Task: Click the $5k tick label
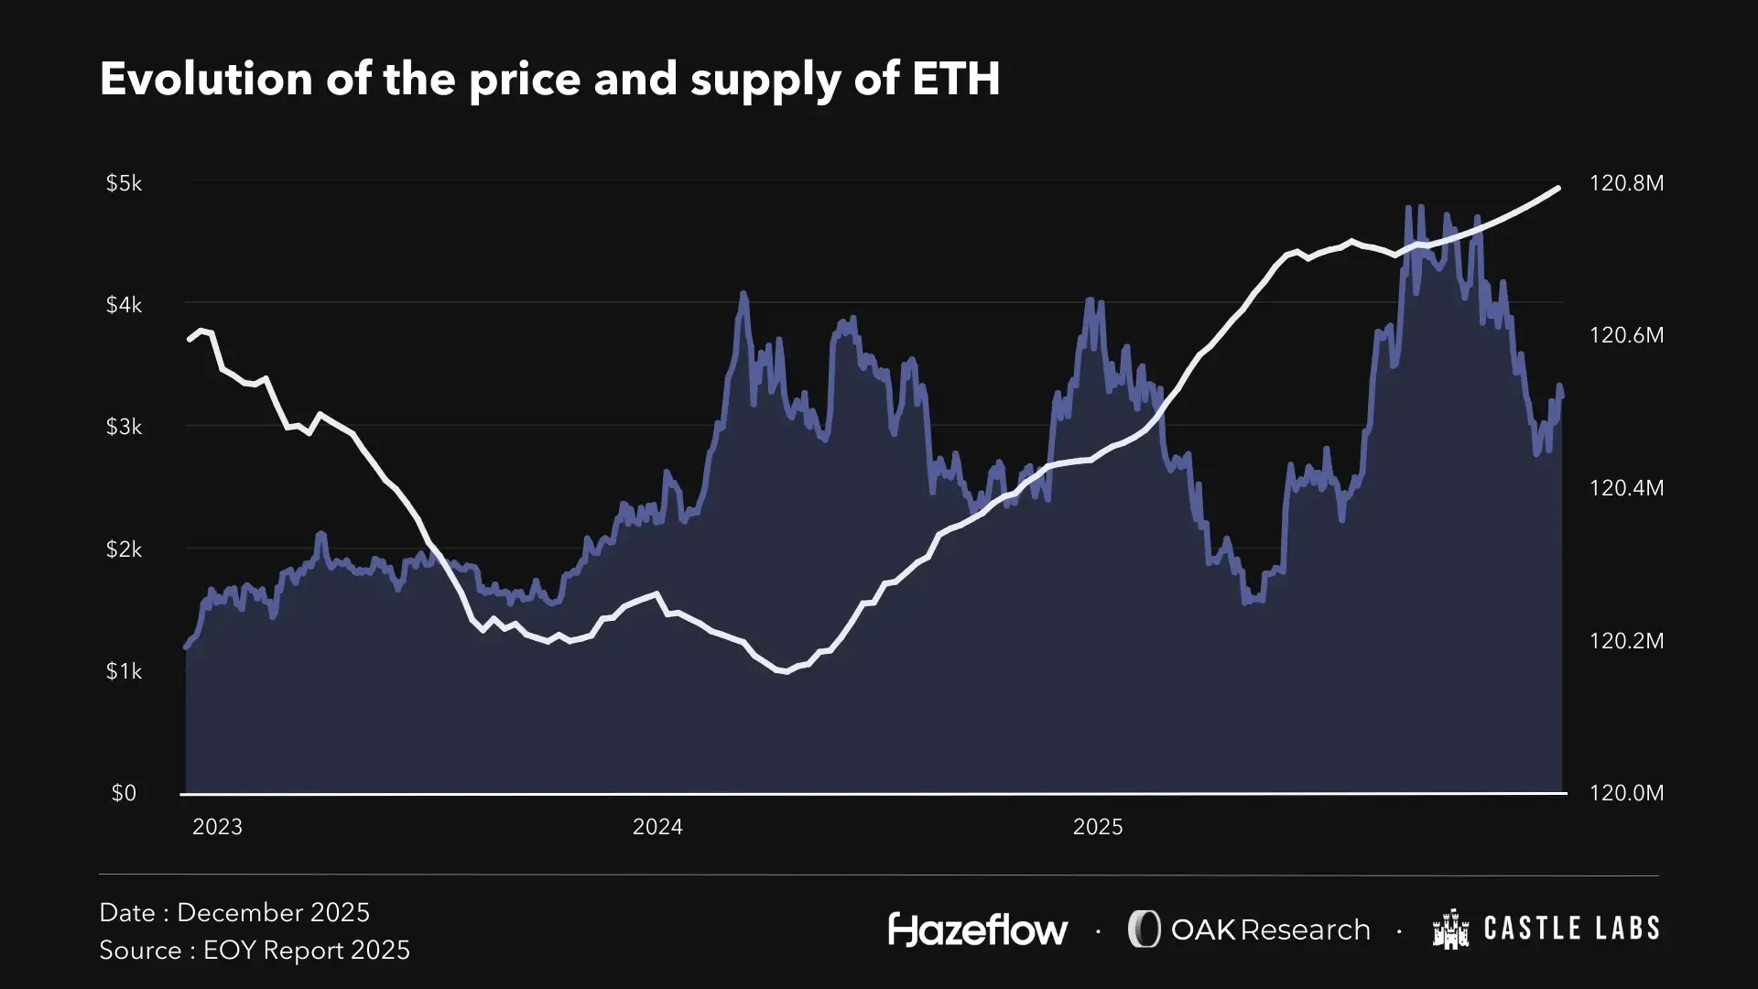tap(125, 183)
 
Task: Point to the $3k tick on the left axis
tap(125, 427)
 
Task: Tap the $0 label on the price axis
tap(124, 793)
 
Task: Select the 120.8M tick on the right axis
tap(1626, 183)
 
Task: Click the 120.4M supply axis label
tap(1626, 488)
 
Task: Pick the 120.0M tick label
tap(1626, 793)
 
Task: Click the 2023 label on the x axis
tap(217, 827)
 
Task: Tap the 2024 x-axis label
tap(657, 827)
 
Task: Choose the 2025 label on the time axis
tap(1097, 827)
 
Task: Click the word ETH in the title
tap(956, 79)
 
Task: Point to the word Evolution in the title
tap(206, 79)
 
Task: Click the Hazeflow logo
tap(977, 929)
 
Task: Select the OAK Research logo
tap(1249, 929)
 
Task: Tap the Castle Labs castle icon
tap(1450, 929)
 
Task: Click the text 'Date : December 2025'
tap(234, 913)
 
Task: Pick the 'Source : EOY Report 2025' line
tap(255, 951)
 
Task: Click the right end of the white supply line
tap(1558, 188)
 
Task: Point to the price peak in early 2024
tap(743, 294)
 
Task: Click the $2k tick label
tap(125, 549)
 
